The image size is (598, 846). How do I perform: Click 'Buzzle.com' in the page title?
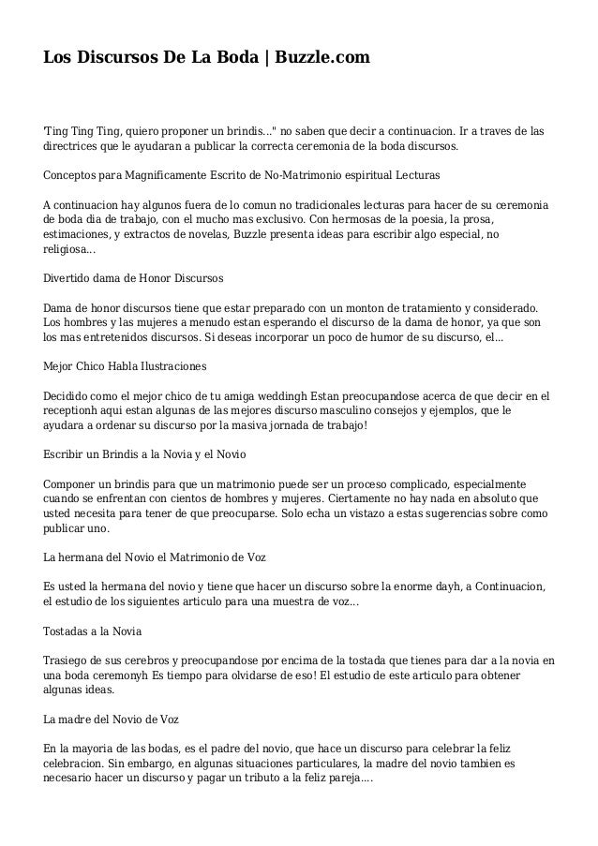322,58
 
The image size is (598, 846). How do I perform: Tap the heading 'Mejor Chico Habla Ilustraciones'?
126,364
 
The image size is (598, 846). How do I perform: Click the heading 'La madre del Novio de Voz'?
112,720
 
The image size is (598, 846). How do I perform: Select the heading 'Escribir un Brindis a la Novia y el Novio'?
145,453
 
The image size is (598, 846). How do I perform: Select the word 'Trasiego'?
67,660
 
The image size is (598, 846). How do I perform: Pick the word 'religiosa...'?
68,250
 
